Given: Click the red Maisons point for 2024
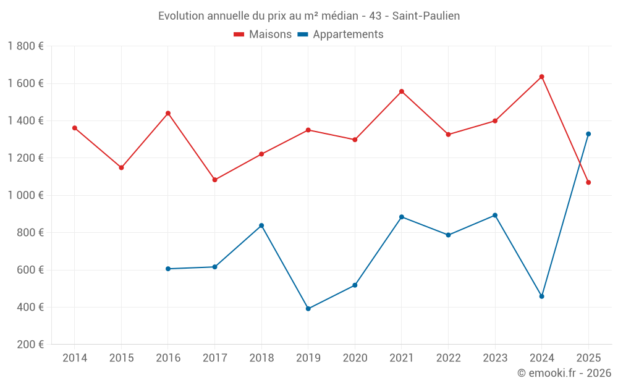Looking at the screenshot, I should (x=541, y=77).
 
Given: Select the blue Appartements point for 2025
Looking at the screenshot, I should (x=588, y=134).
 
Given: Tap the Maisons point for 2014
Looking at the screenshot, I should (x=75, y=128).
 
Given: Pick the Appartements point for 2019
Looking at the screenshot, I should (x=308, y=309).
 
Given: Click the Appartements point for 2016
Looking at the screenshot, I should (x=168, y=269).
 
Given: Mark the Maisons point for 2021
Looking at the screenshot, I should (x=402, y=91).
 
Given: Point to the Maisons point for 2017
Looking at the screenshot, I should (x=214, y=180).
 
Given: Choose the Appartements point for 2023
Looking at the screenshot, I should (x=495, y=216).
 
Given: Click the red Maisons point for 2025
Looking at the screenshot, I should (x=588, y=182).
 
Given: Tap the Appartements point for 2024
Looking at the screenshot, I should (x=541, y=296).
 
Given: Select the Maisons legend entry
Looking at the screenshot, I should (x=263, y=35).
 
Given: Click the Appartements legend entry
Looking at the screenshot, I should (x=341, y=35).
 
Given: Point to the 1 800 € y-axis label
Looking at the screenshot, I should (x=25, y=46).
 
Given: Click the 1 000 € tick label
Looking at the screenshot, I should (x=25, y=195).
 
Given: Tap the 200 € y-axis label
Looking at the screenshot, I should (x=30, y=345).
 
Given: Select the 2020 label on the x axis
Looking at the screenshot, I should (x=355, y=358).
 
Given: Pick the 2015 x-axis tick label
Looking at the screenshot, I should (x=121, y=358).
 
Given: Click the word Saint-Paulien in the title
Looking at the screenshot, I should (x=426, y=16).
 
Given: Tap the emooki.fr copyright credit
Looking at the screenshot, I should (x=564, y=373).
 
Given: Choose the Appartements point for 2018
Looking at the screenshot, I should (x=261, y=225).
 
